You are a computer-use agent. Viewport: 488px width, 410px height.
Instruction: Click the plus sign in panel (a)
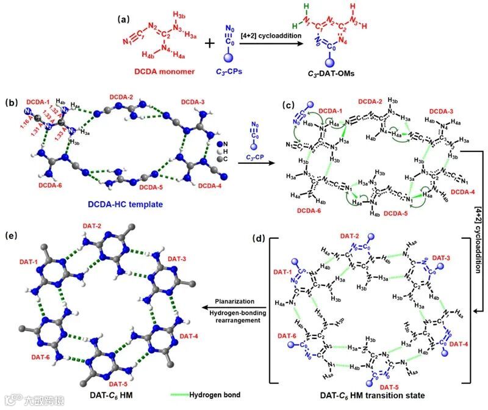[209, 44]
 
